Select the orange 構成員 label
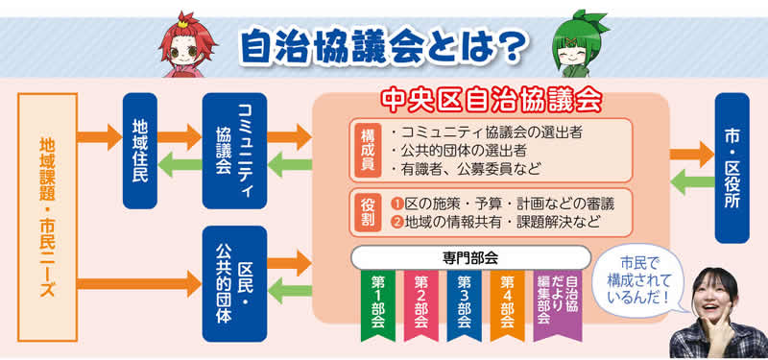click(x=368, y=150)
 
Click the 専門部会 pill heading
click(x=469, y=258)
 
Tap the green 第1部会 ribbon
click(x=377, y=303)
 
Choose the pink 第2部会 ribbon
click(x=420, y=303)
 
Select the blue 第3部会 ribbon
click(x=464, y=303)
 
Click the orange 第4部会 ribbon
click(x=507, y=303)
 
